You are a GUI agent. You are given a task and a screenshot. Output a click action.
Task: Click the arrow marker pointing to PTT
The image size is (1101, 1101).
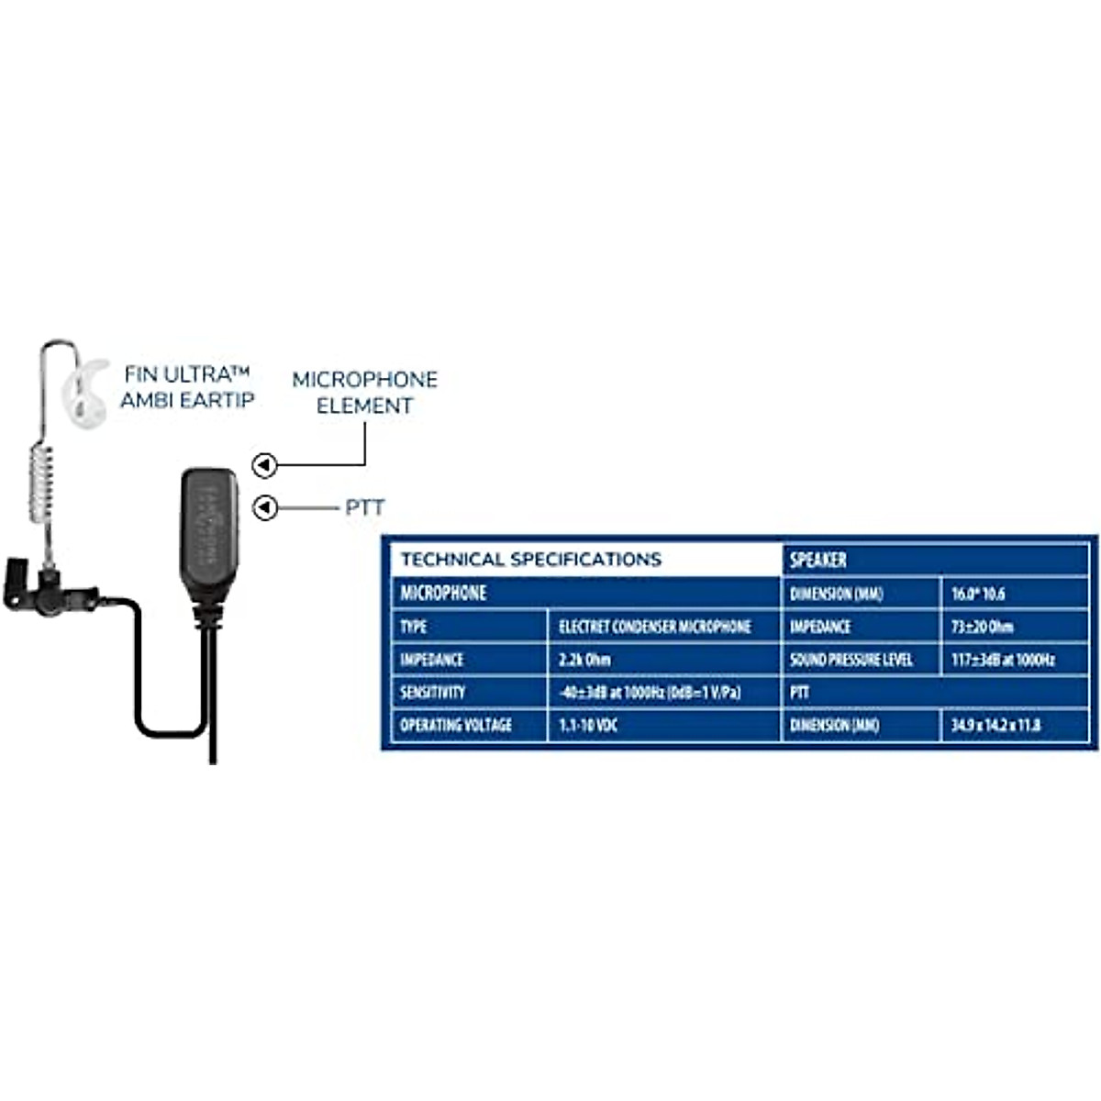265,507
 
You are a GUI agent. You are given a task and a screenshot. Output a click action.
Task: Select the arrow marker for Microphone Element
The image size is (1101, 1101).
265,466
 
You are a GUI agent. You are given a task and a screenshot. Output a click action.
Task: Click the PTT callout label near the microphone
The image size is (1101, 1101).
364,507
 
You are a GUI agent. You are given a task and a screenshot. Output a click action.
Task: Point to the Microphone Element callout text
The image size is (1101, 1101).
364,393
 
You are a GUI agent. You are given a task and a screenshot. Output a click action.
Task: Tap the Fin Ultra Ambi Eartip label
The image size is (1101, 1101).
187,387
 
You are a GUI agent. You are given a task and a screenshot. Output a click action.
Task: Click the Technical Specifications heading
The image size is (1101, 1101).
530,560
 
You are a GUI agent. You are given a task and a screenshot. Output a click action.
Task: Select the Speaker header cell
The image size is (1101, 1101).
818,560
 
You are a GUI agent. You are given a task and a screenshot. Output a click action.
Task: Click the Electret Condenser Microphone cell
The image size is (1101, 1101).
654,627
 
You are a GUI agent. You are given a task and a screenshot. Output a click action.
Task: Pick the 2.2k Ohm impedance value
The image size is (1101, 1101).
584,660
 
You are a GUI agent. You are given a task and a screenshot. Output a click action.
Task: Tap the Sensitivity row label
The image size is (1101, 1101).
432,693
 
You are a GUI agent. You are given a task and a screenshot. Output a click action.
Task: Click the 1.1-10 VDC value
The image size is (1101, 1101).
588,725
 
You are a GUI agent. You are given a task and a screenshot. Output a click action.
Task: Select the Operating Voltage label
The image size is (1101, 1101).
455,725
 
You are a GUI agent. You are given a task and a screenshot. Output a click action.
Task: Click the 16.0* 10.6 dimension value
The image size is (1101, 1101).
977,594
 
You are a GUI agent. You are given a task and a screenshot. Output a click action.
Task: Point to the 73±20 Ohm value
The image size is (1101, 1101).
982,627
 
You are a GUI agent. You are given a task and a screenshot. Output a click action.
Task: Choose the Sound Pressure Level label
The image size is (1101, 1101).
851,660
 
